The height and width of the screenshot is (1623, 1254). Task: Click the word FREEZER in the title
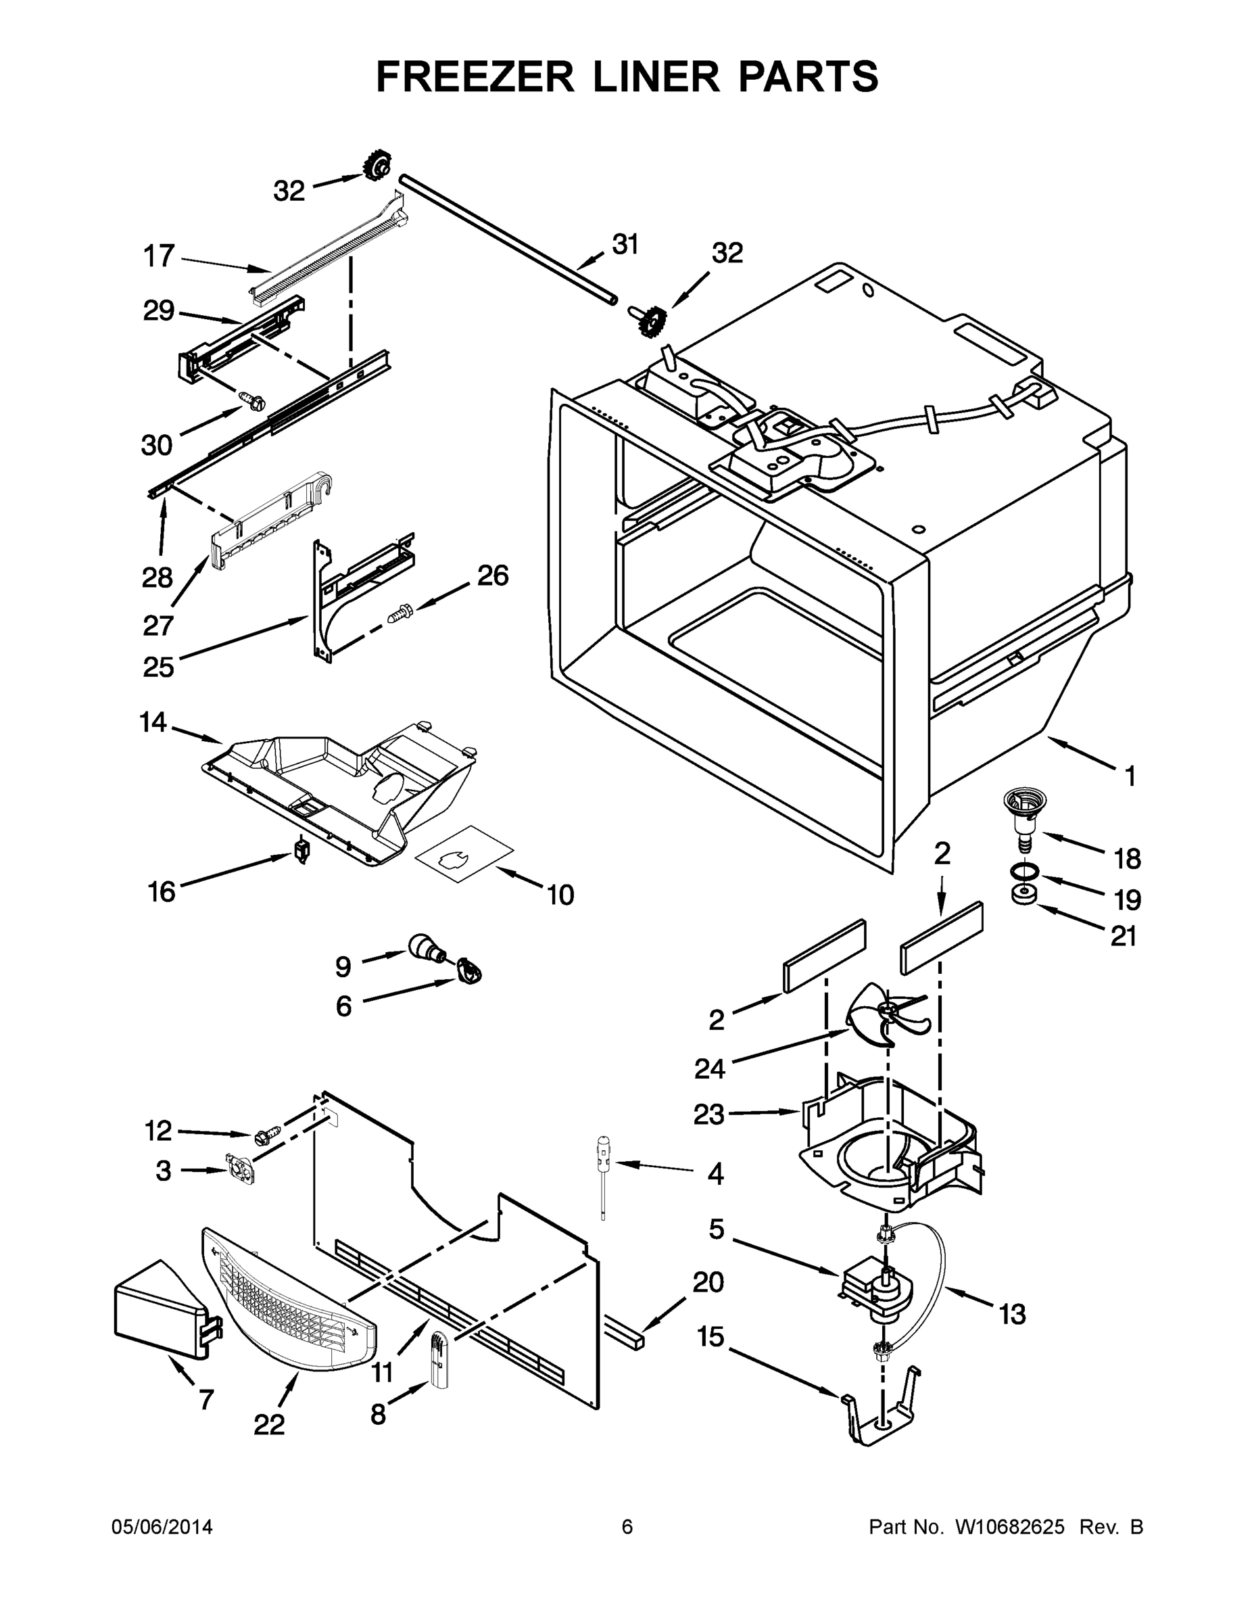pos(475,76)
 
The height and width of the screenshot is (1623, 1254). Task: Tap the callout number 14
pos(153,722)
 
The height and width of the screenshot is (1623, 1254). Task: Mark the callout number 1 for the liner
pos(1129,777)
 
